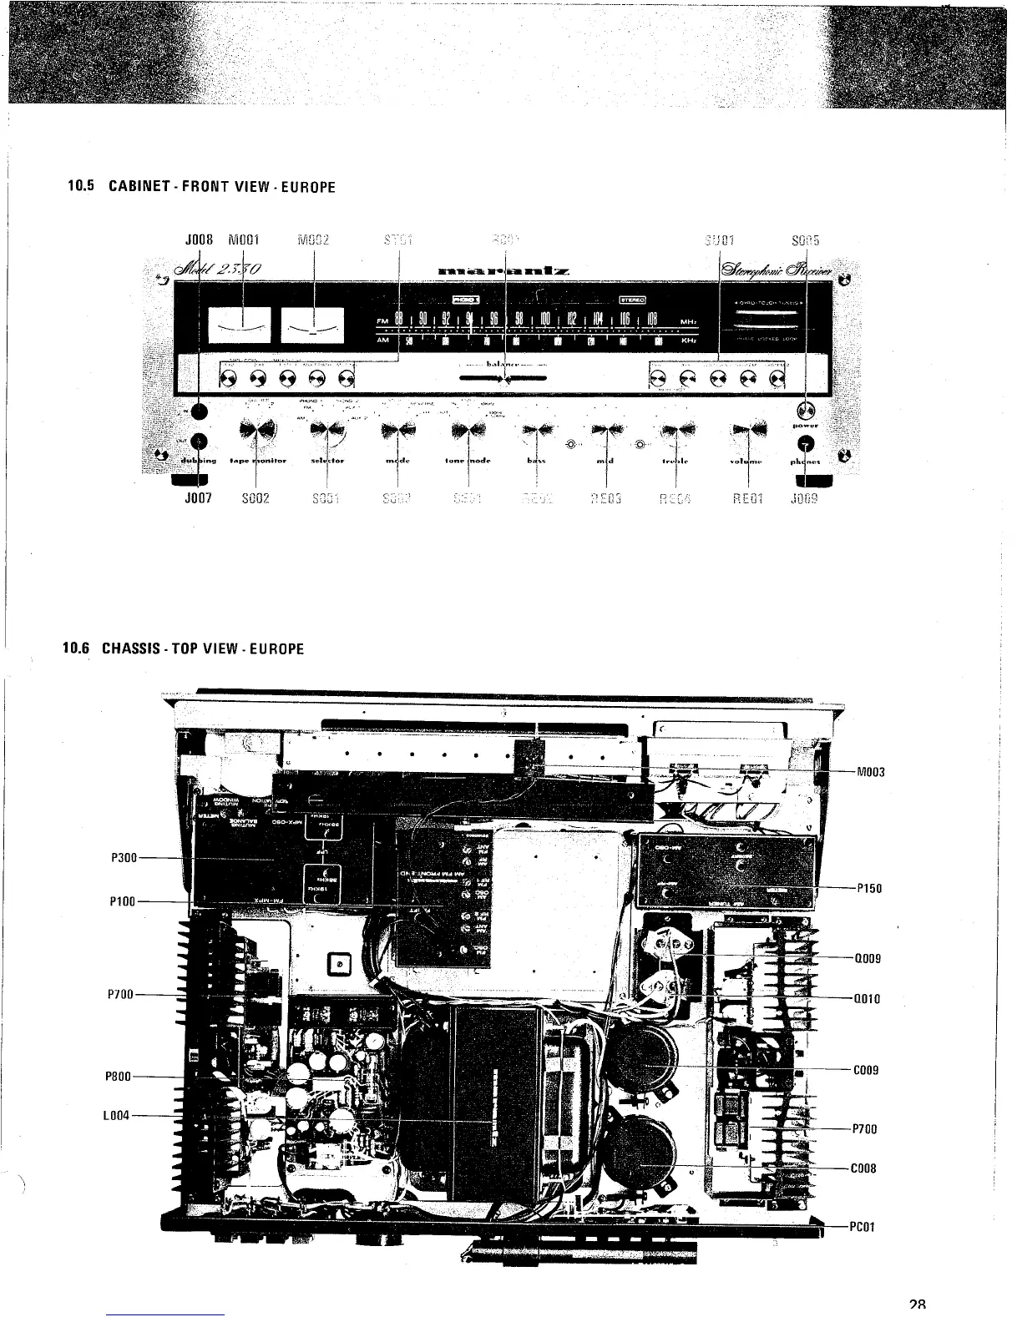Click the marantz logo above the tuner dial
point(503,270)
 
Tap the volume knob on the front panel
point(748,431)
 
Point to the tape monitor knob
point(256,431)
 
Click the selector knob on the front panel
point(327,431)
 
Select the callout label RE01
point(747,501)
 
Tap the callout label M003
point(871,772)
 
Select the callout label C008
point(863,1169)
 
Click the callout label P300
point(123,857)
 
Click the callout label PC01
point(863,1228)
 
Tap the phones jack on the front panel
point(805,443)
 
